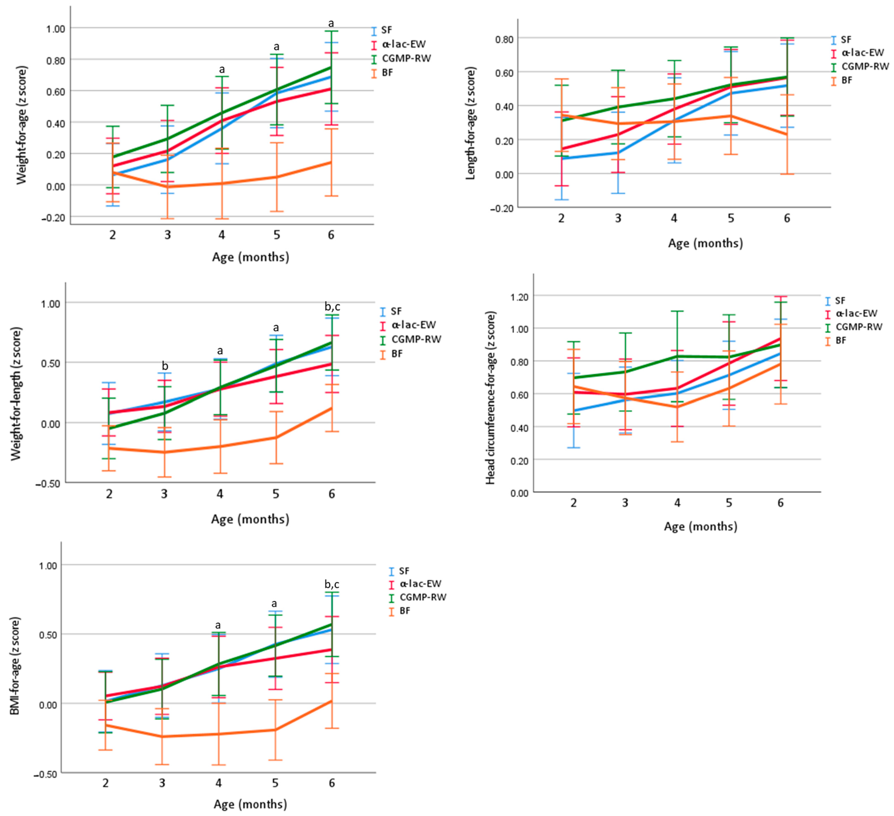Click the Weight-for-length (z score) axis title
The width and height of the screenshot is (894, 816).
point(16,394)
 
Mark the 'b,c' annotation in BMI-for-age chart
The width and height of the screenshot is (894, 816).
point(332,584)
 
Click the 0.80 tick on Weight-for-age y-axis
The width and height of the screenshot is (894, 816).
point(55,60)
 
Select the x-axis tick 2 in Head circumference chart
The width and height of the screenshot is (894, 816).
point(573,503)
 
